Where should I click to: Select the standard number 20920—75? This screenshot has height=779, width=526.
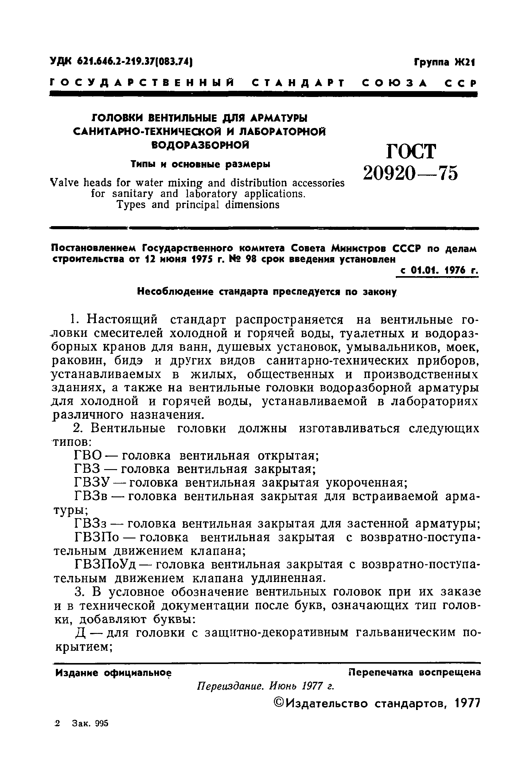(411, 174)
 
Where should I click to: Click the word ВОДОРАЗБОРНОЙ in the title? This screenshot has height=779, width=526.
(200, 145)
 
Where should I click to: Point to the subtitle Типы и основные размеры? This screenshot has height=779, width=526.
(200, 164)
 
